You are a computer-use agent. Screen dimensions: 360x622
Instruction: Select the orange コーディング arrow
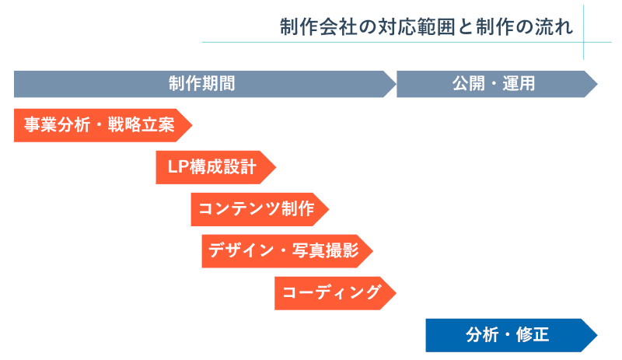tap(331, 293)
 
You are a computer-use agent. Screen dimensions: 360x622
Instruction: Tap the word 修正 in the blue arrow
tap(534, 335)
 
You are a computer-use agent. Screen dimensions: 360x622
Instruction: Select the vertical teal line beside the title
tap(584, 31)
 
